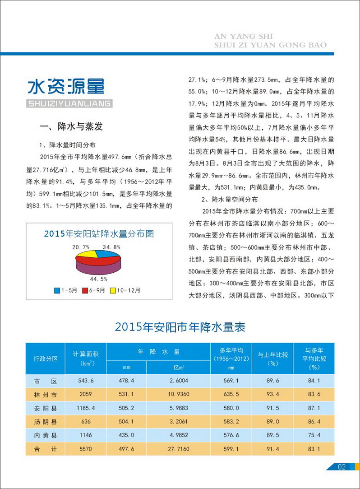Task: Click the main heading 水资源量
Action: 66,87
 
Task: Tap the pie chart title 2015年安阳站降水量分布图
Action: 99,233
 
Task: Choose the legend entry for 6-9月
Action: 92,290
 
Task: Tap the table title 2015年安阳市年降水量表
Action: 180,327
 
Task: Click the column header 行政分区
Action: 46,359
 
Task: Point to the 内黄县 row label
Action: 46,435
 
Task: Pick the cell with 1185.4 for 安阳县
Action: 86,408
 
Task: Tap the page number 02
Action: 342,467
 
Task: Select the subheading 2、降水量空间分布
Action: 230,199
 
